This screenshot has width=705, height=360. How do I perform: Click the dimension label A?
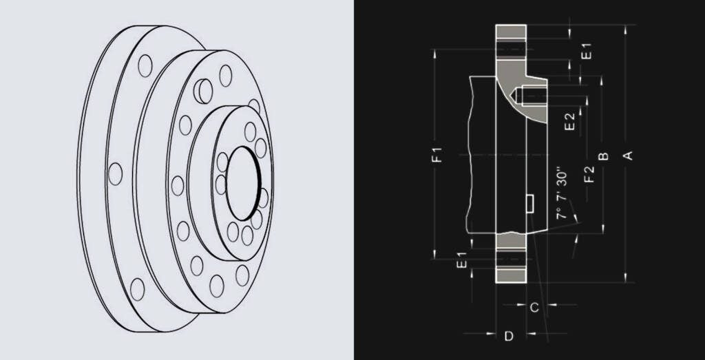pyautogui.click(x=627, y=154)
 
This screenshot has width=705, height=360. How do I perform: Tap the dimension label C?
pyautogui.click(x=534, y=308)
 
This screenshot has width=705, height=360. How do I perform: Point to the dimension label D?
pyautogui.click(x=509, y=336)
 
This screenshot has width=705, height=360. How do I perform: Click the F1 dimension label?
pyautogui.click(x=437, y=154)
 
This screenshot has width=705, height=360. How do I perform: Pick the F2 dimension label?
pyautogui.click(x=589, y=174)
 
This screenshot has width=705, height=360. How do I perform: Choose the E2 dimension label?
pyautogui.click(x=569, y=123)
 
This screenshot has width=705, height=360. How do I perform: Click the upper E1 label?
pyautogui.click(x=586, y=50)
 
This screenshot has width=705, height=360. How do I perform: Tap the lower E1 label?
pyautogui.click(x=463, y=260)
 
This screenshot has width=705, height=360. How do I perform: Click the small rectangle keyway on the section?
pyautogui.click(x=530, y=204)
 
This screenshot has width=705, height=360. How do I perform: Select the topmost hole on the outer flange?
pyautogui.click(x=145, y=65)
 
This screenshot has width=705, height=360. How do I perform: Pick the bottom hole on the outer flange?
pyautogui.click(x=138, y=287)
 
